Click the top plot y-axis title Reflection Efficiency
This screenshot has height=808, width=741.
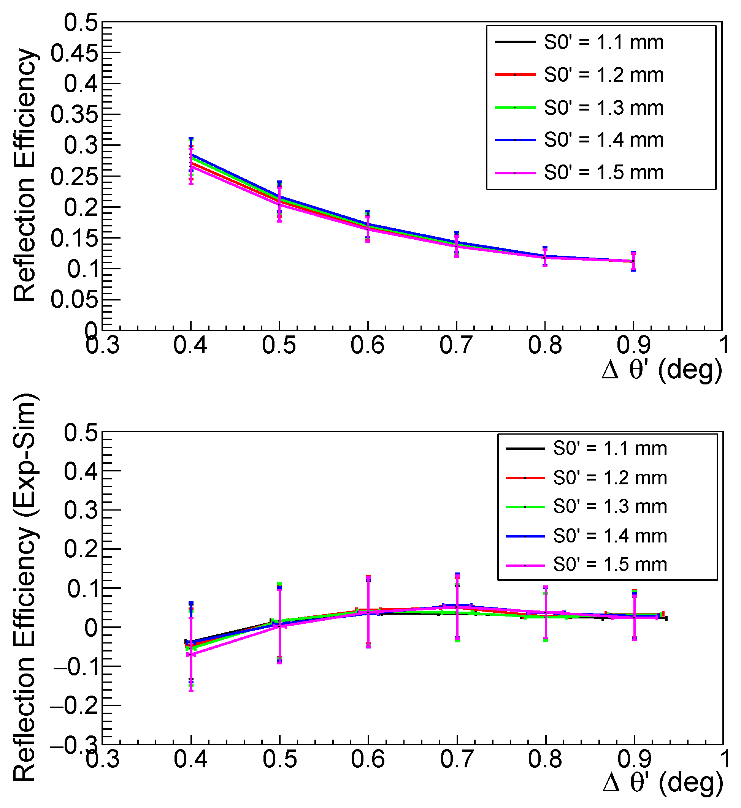click(25, 176)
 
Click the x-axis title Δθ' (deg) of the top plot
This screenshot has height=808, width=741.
click(662, 369)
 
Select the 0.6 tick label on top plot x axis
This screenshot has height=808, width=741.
click(368, 345)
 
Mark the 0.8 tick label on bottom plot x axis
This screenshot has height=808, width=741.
click(545, 759)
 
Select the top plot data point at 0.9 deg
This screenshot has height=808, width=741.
click(633, 261)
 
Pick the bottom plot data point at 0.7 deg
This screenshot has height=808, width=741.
click(457, 607)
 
